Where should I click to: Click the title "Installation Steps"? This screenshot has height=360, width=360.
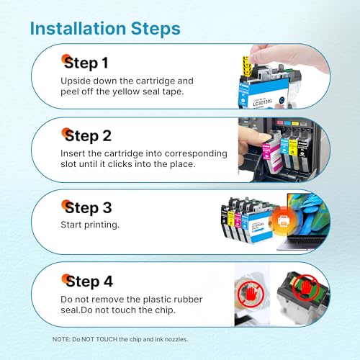click(x=105, y=29)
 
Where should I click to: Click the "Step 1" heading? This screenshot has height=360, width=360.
click(x=86, y=63)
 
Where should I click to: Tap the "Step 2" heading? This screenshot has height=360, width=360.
click(x=88, y=136)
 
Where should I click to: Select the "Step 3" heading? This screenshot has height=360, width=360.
click(x=88, y=208)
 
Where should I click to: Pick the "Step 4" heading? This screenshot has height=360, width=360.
click(x=89, y=282)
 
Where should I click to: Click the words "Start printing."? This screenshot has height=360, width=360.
click(x=90, y=225)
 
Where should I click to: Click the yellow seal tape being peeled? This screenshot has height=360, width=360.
click(x=247, y=66)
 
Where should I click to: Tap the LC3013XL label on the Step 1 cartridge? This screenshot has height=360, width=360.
click(x=263, y=102)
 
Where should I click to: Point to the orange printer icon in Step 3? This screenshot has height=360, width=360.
click(x=284, y=220)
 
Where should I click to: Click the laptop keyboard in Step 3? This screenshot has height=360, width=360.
click(x=304, y=241)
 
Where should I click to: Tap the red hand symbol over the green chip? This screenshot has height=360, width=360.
click(x=306, y=287)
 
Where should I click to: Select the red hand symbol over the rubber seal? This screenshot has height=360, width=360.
click(x=251, y=293)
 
